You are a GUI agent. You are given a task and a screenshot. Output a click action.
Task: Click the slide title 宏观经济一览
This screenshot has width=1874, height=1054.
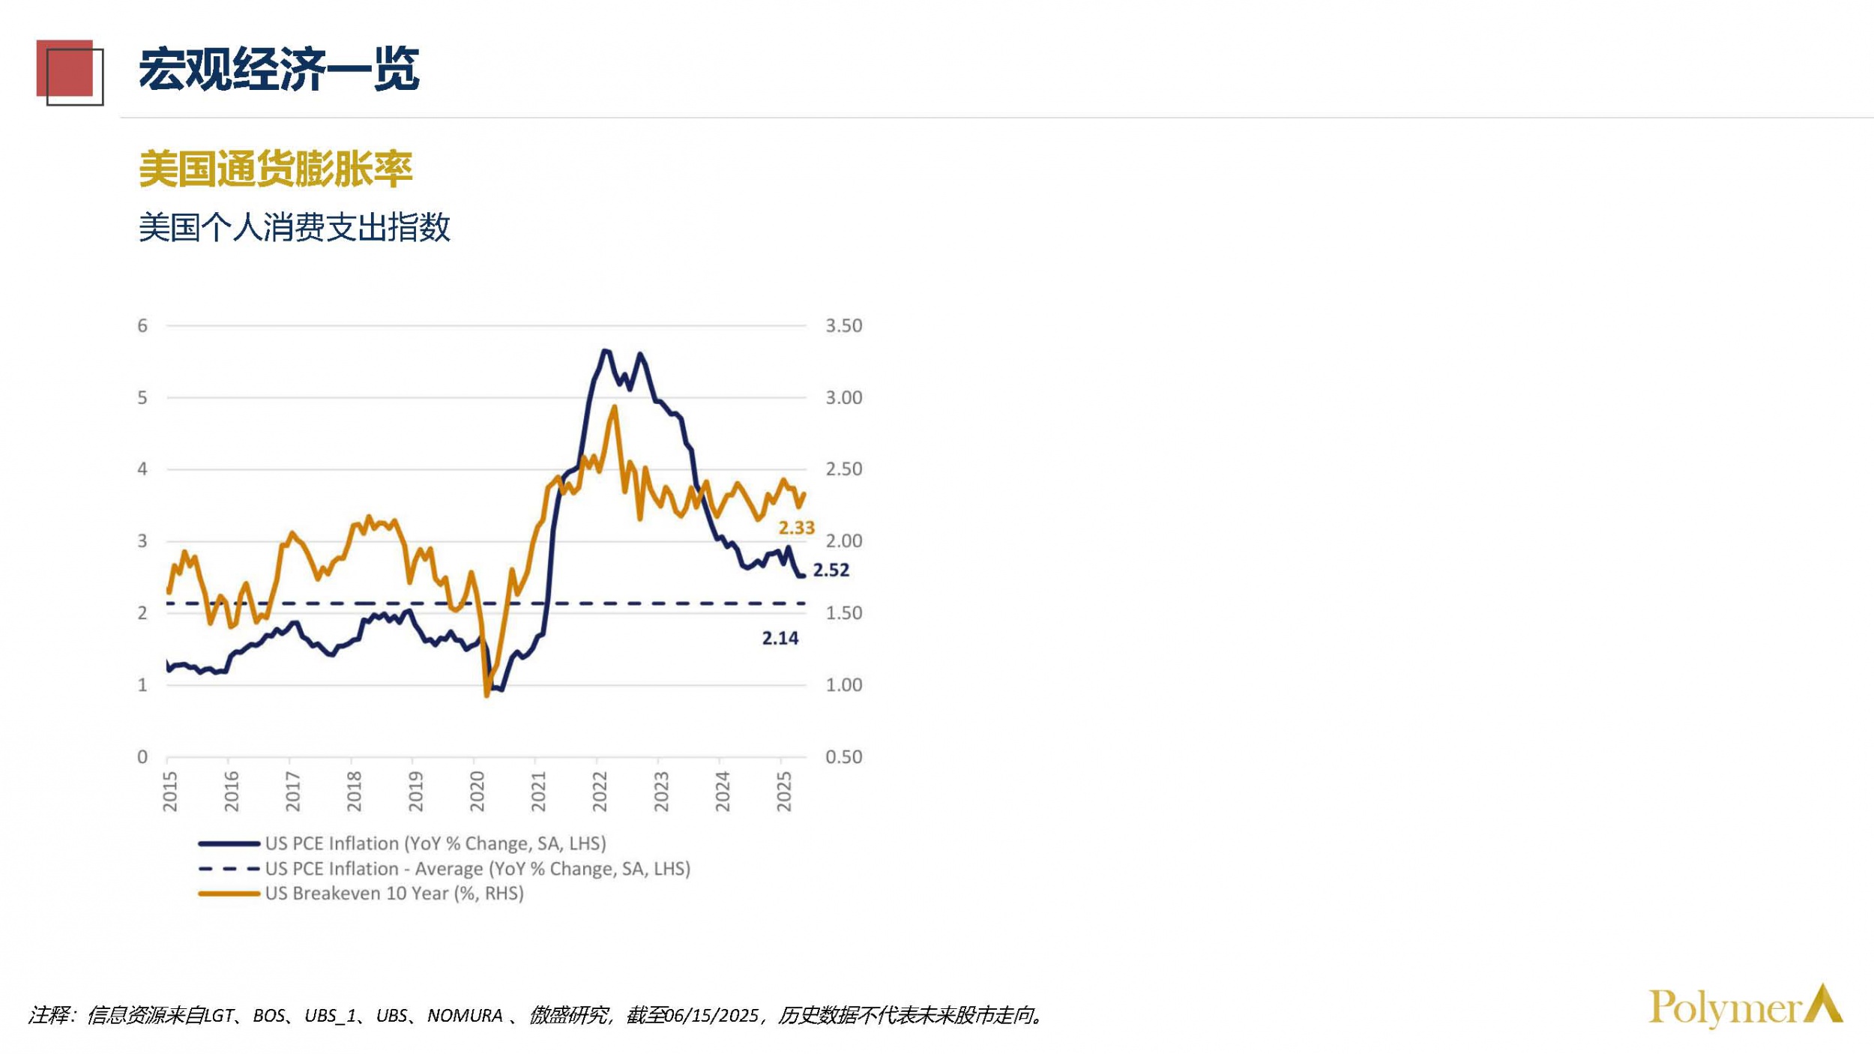pyautogui.click(x=278, y=70)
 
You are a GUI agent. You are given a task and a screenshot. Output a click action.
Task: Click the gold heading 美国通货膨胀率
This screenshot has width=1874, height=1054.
pyautogui.click(x=275, y=169)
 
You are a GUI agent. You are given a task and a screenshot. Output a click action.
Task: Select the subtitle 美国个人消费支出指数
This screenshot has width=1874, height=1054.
pyautogui.click(x=294, y=227)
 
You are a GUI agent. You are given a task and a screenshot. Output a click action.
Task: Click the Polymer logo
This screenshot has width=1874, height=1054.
pyautogui.click(x=1744, y=1007)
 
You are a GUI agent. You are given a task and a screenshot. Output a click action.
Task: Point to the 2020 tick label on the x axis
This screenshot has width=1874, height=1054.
pyautogui.click(x=477, y=791)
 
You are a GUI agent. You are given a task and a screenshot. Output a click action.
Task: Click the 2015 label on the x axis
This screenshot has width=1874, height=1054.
pyautogui.click(x=170, y=791)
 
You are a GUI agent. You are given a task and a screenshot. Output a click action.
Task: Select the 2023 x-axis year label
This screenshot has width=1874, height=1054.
pyautogui.click(x=661, y=791)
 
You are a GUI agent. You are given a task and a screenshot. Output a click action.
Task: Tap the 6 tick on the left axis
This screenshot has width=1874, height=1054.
pyautogui.click(x=142, y=326)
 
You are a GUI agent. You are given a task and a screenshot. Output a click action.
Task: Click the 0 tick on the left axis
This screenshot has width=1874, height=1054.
pyautogui.click(x=142, y=757)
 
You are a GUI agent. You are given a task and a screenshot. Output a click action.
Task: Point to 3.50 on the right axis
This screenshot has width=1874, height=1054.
pyautogui.click(x=843, y=326)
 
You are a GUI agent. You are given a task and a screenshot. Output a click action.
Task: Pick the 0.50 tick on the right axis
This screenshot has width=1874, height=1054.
pyautogui.click(x=843, y=757)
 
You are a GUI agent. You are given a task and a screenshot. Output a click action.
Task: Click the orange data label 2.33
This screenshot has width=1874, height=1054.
pyautogui.click(x=796, y=528)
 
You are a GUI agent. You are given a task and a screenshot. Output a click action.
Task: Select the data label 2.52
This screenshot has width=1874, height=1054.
pyautogui.click(x=831, y=570)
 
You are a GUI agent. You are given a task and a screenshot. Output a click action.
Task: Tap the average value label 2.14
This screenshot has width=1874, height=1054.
pyautogui.click(x=780, y=639)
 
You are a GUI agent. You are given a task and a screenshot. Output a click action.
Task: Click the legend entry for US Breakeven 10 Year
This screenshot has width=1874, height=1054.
pyautogui.click(x=394, y=894)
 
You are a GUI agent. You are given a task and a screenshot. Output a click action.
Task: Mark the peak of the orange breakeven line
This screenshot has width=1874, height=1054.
pyautogui.click(x=615, y=408)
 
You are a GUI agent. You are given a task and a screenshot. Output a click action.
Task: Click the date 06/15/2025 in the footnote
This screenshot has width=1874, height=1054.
pyautogui.click(x=711, y=1016)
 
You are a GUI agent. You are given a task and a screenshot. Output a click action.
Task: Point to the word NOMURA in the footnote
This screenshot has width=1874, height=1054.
pyautogui.click(x=465, y=1016)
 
